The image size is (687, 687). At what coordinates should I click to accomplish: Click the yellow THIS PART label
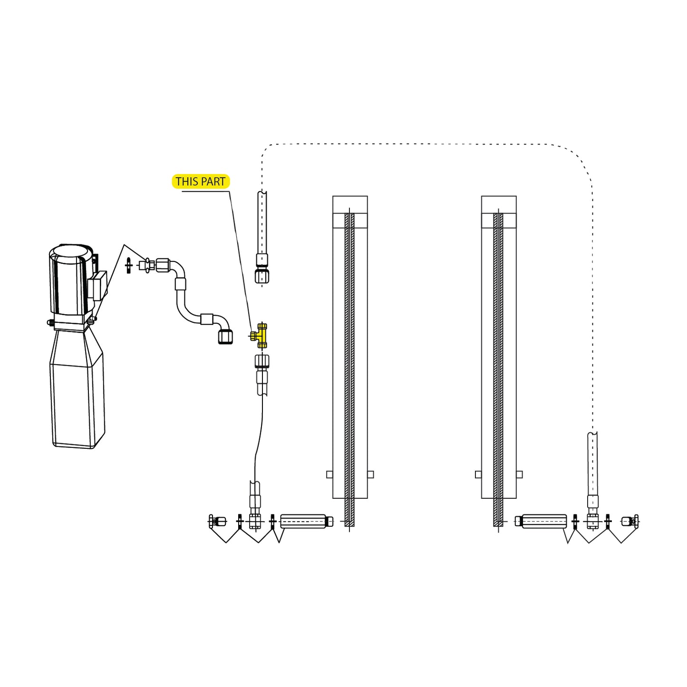(200, 182)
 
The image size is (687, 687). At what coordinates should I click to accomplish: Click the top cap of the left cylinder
(350, 204)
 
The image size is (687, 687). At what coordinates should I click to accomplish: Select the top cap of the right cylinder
(499, 204)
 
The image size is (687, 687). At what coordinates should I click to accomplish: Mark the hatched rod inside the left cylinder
(349, 366)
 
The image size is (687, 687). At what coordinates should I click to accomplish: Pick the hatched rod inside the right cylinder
(498, 366)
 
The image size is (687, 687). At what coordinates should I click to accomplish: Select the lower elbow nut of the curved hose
(225, 336)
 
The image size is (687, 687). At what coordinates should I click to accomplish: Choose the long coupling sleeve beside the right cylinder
(544, 521)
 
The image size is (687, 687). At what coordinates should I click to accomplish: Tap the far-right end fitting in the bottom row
(630, 521)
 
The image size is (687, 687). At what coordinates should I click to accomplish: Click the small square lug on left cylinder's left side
(329, 474)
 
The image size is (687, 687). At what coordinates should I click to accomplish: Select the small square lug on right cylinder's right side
(519, 474)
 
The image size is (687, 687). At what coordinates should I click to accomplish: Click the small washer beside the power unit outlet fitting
(128, 265)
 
